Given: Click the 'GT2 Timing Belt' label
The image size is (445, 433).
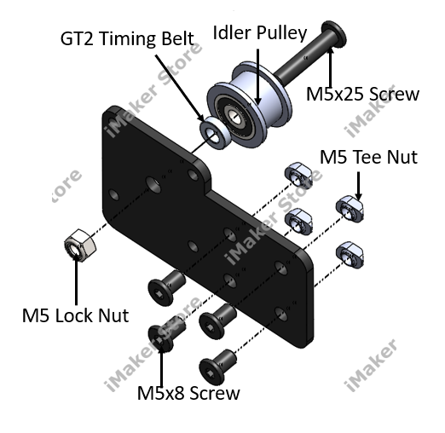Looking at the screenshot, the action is click(x=127, y=38).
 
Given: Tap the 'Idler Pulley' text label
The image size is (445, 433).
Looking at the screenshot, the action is click(x=260, y=33).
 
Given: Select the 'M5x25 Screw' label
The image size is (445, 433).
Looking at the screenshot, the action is click(x=362, y=94).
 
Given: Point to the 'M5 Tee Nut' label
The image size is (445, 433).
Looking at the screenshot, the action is click(x=368, y=157).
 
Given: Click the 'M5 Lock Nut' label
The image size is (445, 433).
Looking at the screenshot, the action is click(x=75, y=315).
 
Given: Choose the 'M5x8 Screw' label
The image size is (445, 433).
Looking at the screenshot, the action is click(x=188, y=393).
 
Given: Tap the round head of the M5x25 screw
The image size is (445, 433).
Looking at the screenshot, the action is click(x=334, y=33).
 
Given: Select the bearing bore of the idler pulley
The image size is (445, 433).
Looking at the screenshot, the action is click(x=233, y=116).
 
